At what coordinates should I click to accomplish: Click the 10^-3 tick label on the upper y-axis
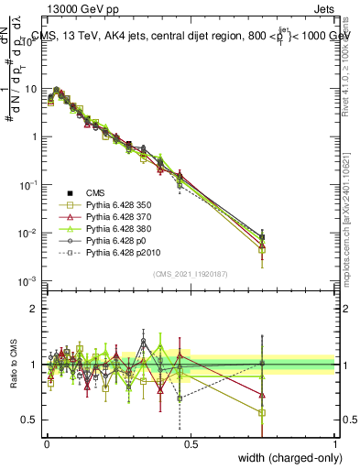click(27, 281)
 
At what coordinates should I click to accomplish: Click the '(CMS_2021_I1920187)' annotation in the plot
click(190, 273)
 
